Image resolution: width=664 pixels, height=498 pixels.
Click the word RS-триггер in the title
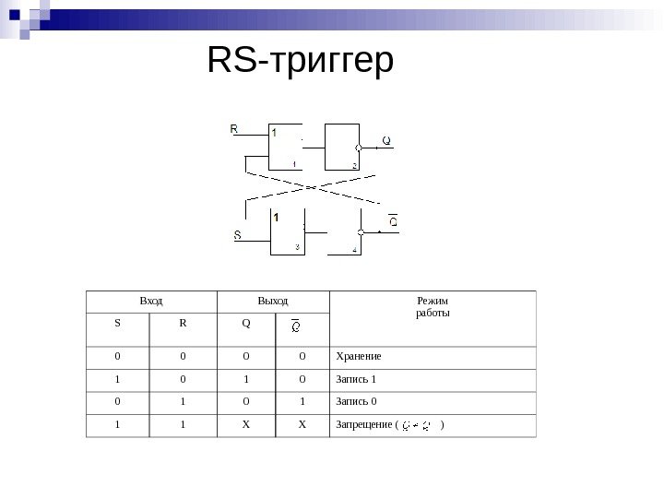click(x=301, y=62)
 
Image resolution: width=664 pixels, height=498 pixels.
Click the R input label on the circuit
click(x=234, y=129)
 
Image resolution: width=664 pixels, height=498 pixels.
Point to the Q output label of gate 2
click(x=386, y=141)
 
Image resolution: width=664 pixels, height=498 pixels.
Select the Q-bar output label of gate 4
click(x=392, y=222)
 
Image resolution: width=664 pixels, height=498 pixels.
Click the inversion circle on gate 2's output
click(x=358, y=146)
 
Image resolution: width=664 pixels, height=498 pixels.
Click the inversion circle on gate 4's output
click(x=362, y=232)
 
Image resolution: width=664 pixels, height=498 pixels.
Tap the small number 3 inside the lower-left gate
click(x=296, y=246)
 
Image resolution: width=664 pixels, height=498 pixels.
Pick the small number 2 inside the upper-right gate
click(x=353, y=165)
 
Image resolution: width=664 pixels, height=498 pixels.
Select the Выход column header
click(x=271, y=302)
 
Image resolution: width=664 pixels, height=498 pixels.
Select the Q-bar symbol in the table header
click(x=296, y=325)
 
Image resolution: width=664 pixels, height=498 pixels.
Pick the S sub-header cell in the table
click(x=117, y=323)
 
